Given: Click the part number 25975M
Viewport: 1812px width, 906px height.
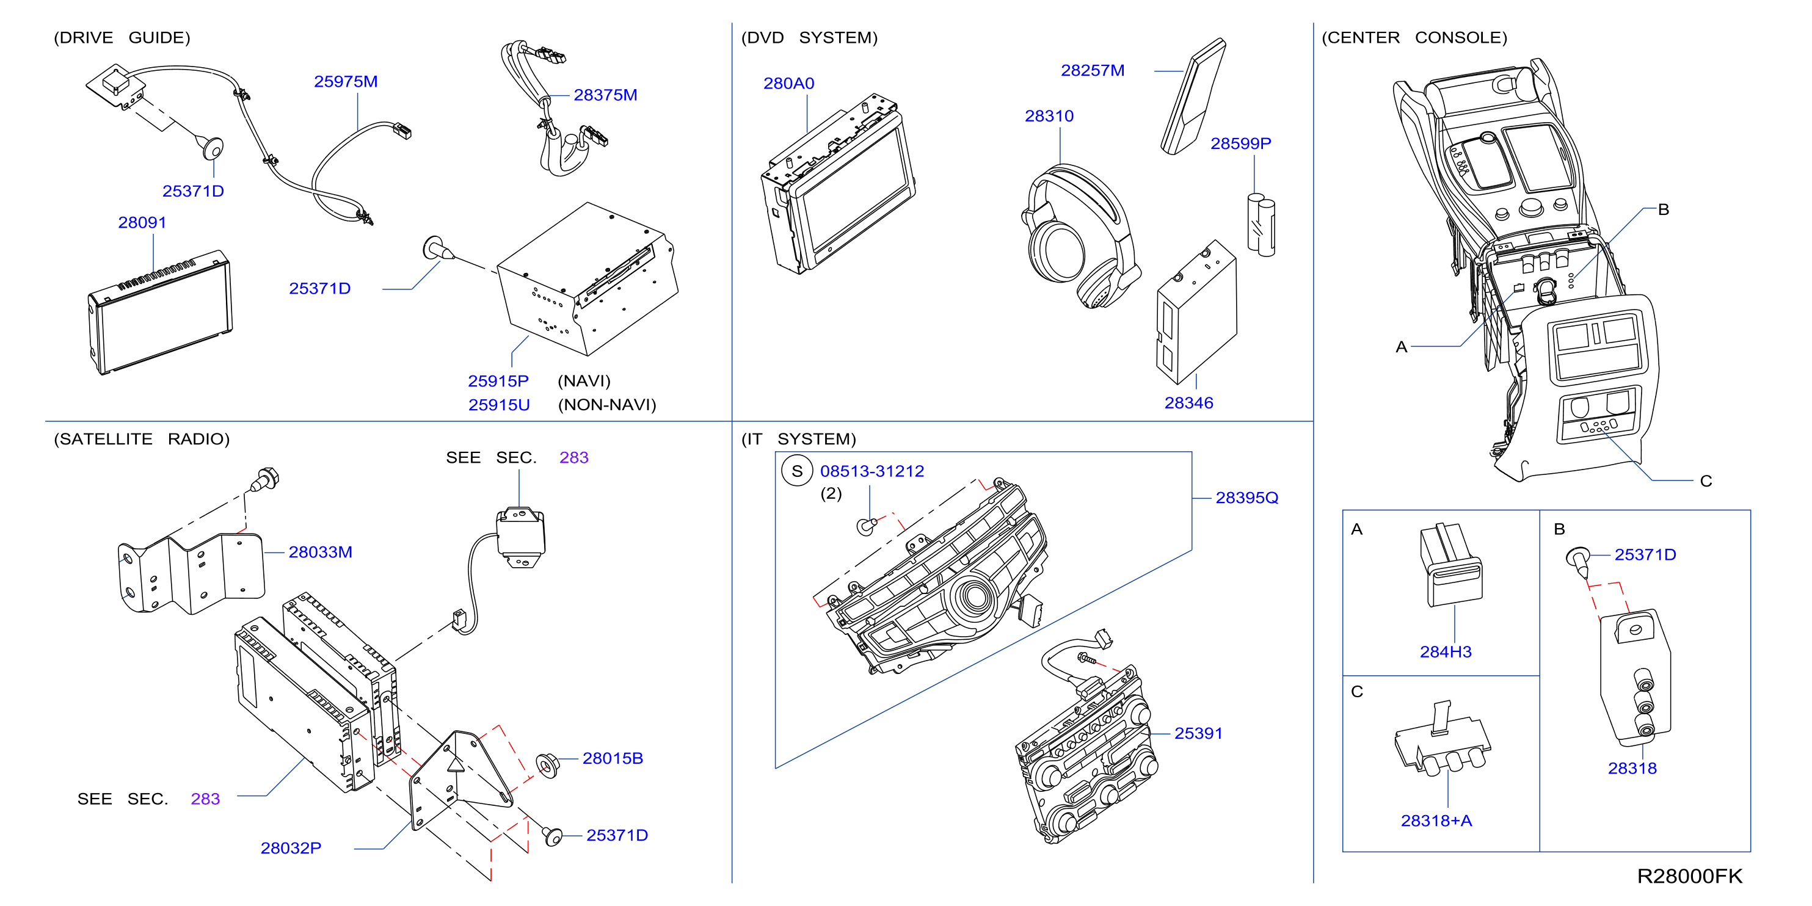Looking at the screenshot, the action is point(346,82).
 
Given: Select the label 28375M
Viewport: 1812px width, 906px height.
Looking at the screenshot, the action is point(605,95).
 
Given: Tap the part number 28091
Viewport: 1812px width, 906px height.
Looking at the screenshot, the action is point(142,222).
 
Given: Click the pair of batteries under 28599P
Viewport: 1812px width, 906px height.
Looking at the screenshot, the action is point(1261,225).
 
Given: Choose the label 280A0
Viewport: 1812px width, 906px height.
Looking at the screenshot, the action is point(788,83).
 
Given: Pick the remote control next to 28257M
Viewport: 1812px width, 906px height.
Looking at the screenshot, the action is point(1193,96).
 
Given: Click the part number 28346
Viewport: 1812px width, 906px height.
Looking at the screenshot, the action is point(1189,403).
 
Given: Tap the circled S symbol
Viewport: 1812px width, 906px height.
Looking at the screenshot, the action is point(797,471).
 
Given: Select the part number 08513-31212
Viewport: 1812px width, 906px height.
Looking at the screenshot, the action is point(872,471).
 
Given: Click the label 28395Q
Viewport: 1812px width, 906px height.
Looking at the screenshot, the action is point(1246,498).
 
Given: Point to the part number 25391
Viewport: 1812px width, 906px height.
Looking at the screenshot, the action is point(1199,734).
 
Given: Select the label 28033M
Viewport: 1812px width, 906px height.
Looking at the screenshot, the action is point(320,552).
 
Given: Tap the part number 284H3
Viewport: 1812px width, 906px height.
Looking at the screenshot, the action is point(1446,652).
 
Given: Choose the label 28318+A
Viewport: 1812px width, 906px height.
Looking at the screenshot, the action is point(1436,821).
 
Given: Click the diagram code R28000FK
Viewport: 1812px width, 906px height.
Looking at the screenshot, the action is point(1690,877).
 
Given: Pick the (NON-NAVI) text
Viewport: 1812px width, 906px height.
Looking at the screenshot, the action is point(607,405).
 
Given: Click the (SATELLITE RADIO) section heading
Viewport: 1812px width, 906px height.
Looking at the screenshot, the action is point(142,439).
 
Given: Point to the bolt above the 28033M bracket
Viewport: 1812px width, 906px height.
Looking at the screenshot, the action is point(264,480).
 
